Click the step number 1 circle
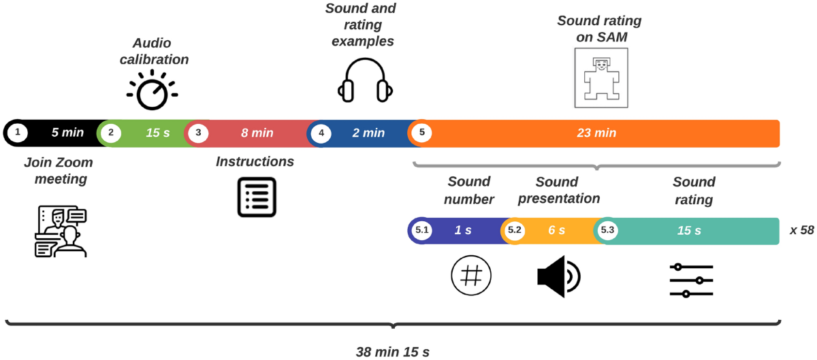[x=18, y=133]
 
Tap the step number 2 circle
[x=111, y=133]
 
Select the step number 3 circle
[x=198, y=133]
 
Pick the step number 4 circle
[x=321, y=133]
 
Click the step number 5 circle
[x=422, y=133]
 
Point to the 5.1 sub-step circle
[x=422, y=231]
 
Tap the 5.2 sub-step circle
[x=515, y=231]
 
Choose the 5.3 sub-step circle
[x=607, y=231]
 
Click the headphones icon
[x=366, y=80]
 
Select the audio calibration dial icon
[x=151, y=90]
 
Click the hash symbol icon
[x=471, y=276]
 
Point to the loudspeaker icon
[x=558, y=276]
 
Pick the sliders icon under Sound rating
[x=691, y=280]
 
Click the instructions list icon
[x=257, y=197]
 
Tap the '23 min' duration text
[x=596, y=133]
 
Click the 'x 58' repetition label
[x=802, y=231]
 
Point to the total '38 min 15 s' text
[x=393, y=352]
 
